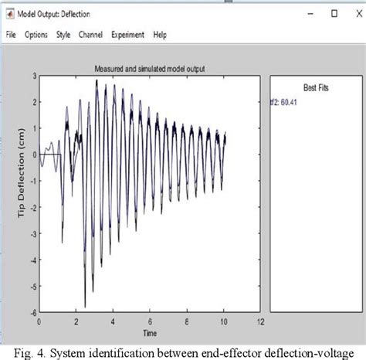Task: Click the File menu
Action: click(x=11, y=35)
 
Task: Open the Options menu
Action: click(x=36, y=35)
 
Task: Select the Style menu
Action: click(x=63, y=35)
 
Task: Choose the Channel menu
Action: click(x=90, y=35)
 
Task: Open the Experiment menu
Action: click(x=127, y=35)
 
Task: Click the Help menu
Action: click(x=160, y=35)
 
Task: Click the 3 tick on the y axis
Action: click(x=33, y=76)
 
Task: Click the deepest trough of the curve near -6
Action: click(x=85, y=306)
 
